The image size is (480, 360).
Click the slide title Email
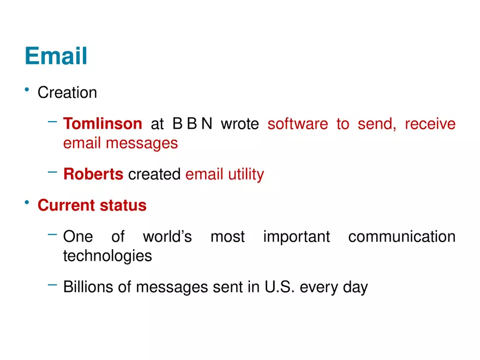[56, 56]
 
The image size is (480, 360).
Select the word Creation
[67, 93]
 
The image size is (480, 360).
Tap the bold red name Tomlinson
[103, 124]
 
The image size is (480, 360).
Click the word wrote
[239, 124]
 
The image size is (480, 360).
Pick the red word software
[298, 124]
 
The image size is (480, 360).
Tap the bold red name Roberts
[93, 175]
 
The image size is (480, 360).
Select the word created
[154, 175]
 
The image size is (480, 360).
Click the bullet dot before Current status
[26, 202]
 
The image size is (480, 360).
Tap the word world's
[167, 237]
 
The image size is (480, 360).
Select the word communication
[401, 237]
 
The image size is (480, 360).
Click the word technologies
[107, 256]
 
